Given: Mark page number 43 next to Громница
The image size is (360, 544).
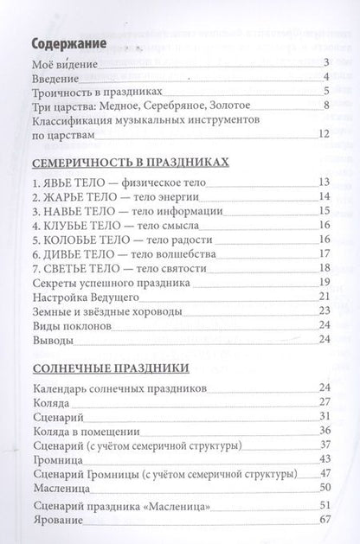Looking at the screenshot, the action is [x=325, y=459].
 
